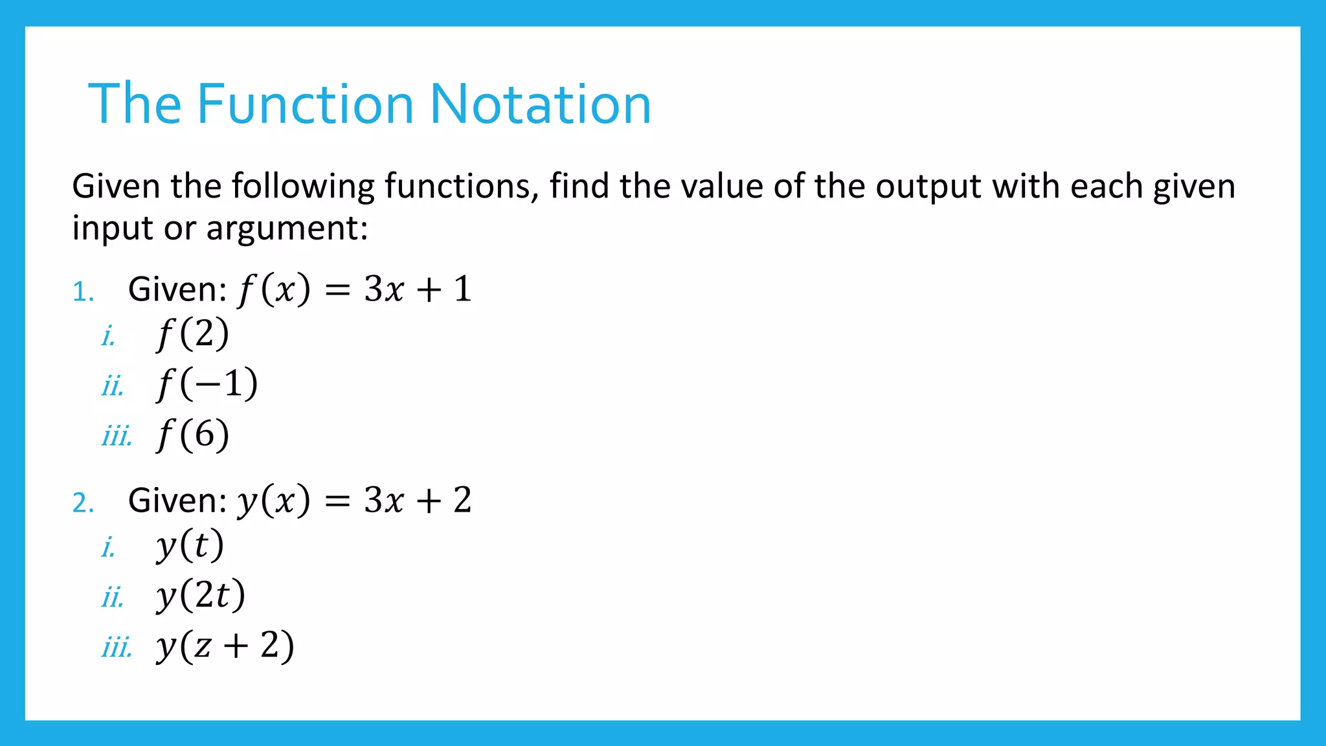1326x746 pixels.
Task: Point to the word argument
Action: [x=287, y=229]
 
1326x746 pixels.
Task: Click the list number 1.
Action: [x=83, y=291]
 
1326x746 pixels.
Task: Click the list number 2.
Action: [x=83, y=503]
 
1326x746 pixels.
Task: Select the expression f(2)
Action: [x=193, y=335]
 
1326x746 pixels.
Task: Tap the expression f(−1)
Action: [x=207, y=385]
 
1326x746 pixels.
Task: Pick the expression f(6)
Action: [x=193, y=435]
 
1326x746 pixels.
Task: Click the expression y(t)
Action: [x=190, y=546]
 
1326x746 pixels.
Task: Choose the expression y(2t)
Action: [x=201, y=596]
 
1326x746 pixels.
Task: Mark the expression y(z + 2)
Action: [x=225, y=646]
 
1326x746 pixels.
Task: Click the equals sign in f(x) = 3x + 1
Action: [x=337, y=290]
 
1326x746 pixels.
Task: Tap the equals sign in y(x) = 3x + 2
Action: [x=337, y=501]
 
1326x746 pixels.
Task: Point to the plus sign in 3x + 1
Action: [x=429, y=290]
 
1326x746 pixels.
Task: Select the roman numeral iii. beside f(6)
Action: [x=117, y=436]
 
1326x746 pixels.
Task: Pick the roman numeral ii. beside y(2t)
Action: [x=112, y=597]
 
